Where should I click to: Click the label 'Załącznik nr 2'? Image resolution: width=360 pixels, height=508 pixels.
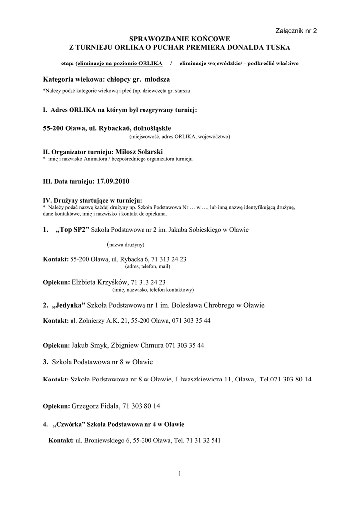(x=296, y=31)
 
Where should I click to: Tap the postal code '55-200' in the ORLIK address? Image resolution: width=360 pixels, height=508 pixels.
(x=54, y=128)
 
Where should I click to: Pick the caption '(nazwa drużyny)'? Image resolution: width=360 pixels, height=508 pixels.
(x=126, y=245)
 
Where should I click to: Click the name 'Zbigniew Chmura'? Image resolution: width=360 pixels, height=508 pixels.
(x=142, y=344)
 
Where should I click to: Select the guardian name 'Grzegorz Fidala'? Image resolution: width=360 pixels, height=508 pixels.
(x=96, y=406)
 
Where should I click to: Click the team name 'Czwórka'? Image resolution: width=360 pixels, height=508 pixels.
(x=69, y=424)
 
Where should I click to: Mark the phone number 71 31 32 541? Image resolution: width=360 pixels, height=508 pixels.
(x=204, y=440)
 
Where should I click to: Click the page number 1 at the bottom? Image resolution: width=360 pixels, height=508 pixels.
(x=180, y=474)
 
